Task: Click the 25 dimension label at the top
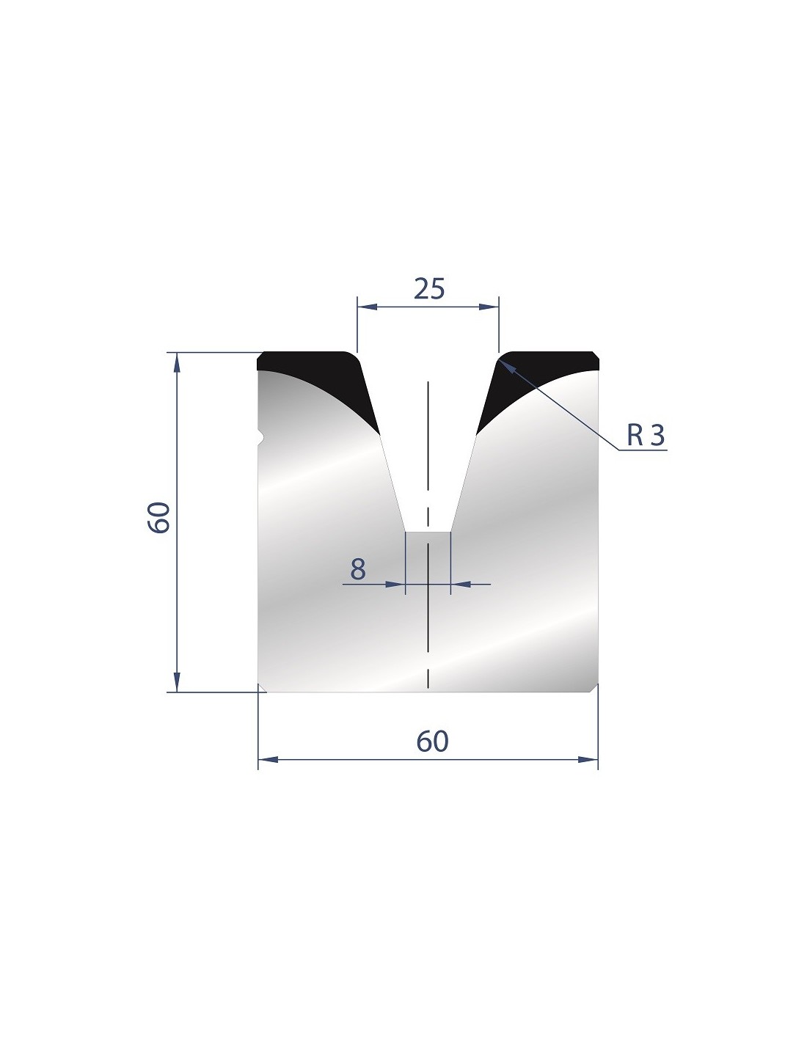[429, 288]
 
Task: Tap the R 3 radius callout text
[646, 435]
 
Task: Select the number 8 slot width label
[358, 569]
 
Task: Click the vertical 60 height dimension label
[159, 517]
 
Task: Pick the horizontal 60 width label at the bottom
[432, 741]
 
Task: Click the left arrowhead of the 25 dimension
[368, 307]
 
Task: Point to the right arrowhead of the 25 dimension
[489, 307]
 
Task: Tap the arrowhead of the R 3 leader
[507, 366]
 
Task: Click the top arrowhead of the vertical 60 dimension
[177, 362]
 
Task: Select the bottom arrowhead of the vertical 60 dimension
[177, 682]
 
